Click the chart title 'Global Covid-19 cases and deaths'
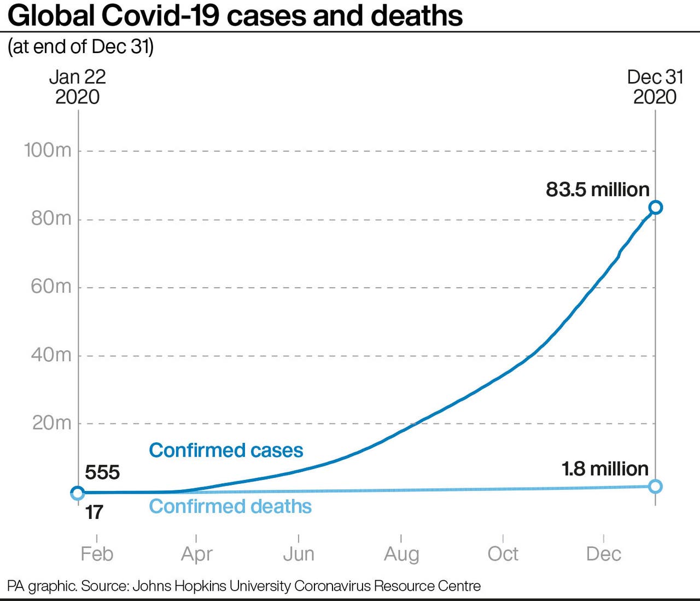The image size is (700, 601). pyautogui.click(x=235, y=15)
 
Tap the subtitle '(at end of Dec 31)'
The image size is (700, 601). pyautogui.click(x=80, y=47)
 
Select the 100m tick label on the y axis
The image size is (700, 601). pyautogui.click(x=48, y=150)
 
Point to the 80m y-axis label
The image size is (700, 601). pyautogui.click(x=51, y=218)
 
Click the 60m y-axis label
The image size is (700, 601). pyautogui.click(x=51, y=286)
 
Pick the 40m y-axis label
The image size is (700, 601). pyautogui.click(x=51, y=355)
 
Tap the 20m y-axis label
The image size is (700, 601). pyautogui.click(x=51, y=423)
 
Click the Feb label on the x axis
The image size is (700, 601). pyautogui.click(x=97, y=553)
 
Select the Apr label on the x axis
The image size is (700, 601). pyautogui.click(x=196, y=554)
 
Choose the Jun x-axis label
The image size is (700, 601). pyautogui.click(x=299, y=553)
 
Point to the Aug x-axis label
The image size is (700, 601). pyautogui.click(x=401, y=554)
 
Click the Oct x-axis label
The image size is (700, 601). pyautogui.click(x=503, y=553)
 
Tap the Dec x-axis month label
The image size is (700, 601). pyautogui.click(x=603, y=553)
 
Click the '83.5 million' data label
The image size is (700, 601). pyautogui.click(x=598, y=189)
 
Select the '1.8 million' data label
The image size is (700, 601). pyautogui.click(x=605, y=469)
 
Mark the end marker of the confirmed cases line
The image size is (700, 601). pyautogui.click(x=655, y=207)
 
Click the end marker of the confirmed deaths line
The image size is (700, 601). pyautogui.click(x=655, y=486)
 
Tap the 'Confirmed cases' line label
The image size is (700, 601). pyautogui.click(x=226, y=450)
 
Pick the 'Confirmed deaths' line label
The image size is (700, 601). pyautogui.click(x=230, y=506)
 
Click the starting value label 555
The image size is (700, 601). pyautogui.click(x=102, y=472)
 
